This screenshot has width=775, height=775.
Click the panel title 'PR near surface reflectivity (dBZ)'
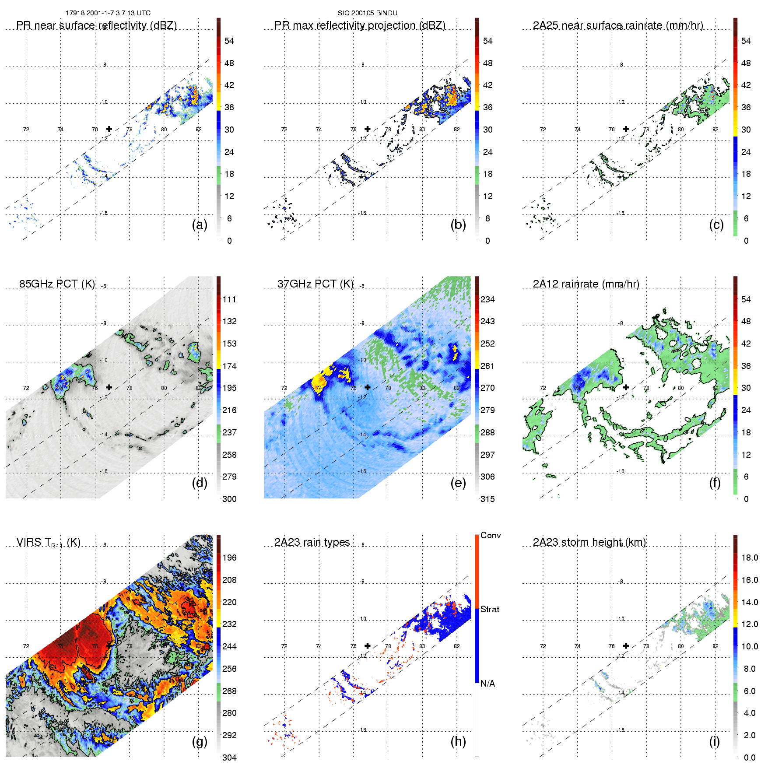(x=96, y=25)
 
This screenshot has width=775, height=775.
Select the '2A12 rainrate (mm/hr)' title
(x=586, y=284)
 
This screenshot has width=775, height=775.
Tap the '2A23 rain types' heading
(x=312, y=542)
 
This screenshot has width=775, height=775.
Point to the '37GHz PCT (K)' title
(x=315, y=284)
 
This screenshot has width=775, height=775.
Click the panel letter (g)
(x=200, y=741)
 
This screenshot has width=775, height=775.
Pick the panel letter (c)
(x=716, y=224)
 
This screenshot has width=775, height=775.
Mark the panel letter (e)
(x=458, y=483)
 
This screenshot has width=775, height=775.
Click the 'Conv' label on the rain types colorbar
(x=491, y=535)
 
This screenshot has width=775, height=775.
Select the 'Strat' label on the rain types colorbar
(x=490, y=609)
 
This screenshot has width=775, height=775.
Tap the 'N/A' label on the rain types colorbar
(x=487, y=684)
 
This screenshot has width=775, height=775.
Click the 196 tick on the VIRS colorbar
(x=229, y=558)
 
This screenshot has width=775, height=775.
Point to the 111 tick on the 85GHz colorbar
(x=229, y=299)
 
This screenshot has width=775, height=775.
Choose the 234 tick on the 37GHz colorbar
(x=487, y=299)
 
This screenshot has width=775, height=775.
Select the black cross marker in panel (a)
(x=109, y=129)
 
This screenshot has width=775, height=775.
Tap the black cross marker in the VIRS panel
(x=109, y=645)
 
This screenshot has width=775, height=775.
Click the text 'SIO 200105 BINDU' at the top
(x=367, y=13)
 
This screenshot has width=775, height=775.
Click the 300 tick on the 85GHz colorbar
(x=229, y=499)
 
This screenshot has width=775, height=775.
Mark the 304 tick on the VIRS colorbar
(x=229, y=757)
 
